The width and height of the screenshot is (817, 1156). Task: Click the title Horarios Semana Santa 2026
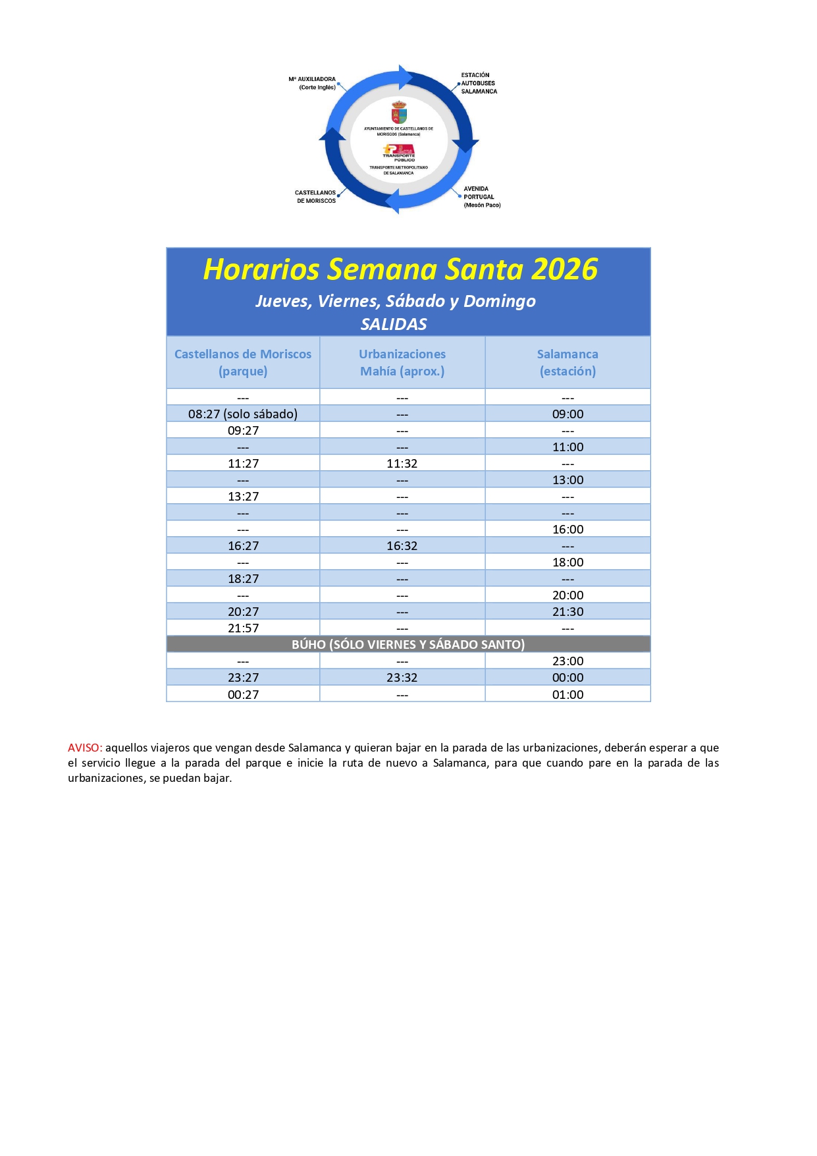pyautogui.click(x=400, y=269)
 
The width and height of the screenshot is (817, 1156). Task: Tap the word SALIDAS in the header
pyautogui.click(x=394, y=324)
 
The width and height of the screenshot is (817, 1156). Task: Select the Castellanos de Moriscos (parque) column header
pyautogui.click(x=243, y=362)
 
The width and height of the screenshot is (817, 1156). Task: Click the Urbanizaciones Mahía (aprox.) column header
pyautogui.click(x=402, y=362)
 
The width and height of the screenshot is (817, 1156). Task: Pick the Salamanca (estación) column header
pyautogui.click(x=567, y=362)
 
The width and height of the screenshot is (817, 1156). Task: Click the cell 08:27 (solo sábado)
pyautogui.click(x=243, y=414)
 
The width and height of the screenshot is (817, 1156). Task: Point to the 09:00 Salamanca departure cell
pyautogui.click(x=567, y=414)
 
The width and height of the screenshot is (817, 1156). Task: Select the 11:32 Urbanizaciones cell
pyautogui.click(x=402, y=463)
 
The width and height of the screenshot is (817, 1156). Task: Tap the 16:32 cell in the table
pyautogui.click(x=402, y=545)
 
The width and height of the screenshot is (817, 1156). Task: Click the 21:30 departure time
pyautogui.click(x=567, y=611)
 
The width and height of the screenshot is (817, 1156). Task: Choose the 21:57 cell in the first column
pyautogui.click(x=243, y=628)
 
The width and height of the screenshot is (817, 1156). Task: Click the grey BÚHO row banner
pyautogui.click(x=408, y=644)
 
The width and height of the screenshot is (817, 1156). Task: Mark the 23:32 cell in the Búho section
pyautogui.click(x=402, y=677)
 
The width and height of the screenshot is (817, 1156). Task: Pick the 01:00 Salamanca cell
pyautogui.click(x=567, y=694)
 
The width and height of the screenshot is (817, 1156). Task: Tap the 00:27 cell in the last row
pyautogui.click(x=243, y=694)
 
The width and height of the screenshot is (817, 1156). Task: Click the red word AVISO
pyautogui.click(x=84, y=748)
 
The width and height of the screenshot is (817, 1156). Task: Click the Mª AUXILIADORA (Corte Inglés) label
pyautogui.click(x=313, y=83)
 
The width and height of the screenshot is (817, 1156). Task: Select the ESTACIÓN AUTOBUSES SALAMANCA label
pyautogui.click(x=479, y=83)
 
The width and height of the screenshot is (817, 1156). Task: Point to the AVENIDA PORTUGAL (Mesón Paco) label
pyautogui.click(x=481, y=197)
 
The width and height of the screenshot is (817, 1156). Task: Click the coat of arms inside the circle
pyautogui.click(x=399, y=112)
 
